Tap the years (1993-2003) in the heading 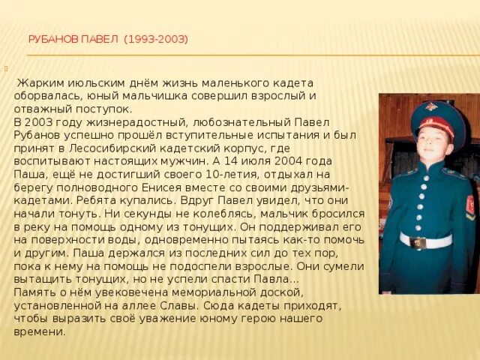pyautogui.click(x=156, y=39)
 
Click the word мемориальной pyautogui.click(x=215, y=292)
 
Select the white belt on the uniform pyautogui.click(x=425, y=241)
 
